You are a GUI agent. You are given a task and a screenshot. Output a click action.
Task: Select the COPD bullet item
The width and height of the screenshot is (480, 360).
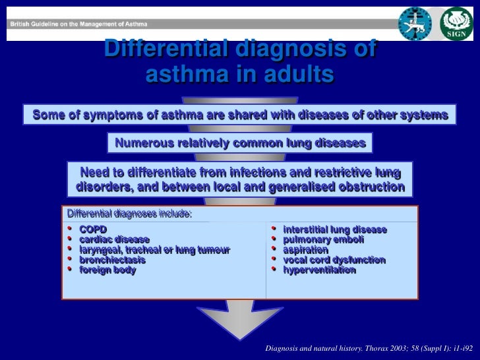(93, 229)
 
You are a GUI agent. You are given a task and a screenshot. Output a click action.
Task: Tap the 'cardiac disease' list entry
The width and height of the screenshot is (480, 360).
(114, 239)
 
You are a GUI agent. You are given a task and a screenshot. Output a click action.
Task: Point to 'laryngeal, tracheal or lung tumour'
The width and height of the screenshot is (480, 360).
(154, 250)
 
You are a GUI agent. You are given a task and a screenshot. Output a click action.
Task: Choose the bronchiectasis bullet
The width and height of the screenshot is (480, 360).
(112, 260)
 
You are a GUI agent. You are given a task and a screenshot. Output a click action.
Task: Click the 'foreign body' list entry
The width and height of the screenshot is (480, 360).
(107, 270)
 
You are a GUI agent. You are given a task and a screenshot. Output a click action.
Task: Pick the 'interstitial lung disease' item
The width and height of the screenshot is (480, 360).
(334, 229)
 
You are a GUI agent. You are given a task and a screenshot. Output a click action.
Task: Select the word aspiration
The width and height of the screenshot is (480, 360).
(305, 250)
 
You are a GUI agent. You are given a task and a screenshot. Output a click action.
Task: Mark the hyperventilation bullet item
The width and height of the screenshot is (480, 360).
(319, 270)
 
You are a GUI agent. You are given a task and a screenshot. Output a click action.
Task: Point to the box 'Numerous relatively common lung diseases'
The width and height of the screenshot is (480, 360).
(239, 142)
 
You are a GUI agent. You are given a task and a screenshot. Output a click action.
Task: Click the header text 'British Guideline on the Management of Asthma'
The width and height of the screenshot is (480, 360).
(78, 24)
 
